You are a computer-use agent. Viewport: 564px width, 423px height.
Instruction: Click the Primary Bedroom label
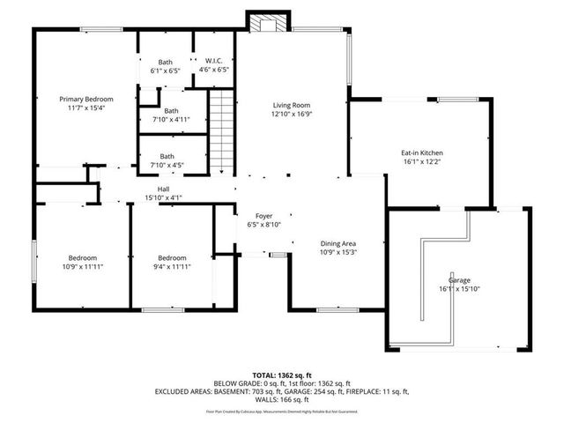click(x=85, y=100)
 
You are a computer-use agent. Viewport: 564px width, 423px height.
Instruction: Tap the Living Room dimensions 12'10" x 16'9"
click(x=291, y=114)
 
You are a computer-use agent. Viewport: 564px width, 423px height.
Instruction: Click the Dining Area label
click(x=337, y=243)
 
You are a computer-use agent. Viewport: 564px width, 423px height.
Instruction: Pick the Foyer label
click(x=263, y=215)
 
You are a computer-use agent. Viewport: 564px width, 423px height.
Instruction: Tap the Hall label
click(x=163, y=189)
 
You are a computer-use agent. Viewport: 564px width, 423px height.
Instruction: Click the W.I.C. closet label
click(x=213, y=60)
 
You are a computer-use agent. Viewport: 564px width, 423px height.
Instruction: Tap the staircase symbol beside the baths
click(x=223, y=129)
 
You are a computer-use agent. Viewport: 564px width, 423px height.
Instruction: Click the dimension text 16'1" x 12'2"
click(x=422, y=162)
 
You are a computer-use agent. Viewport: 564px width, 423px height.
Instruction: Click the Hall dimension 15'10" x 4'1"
click(x=163, y=197)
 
